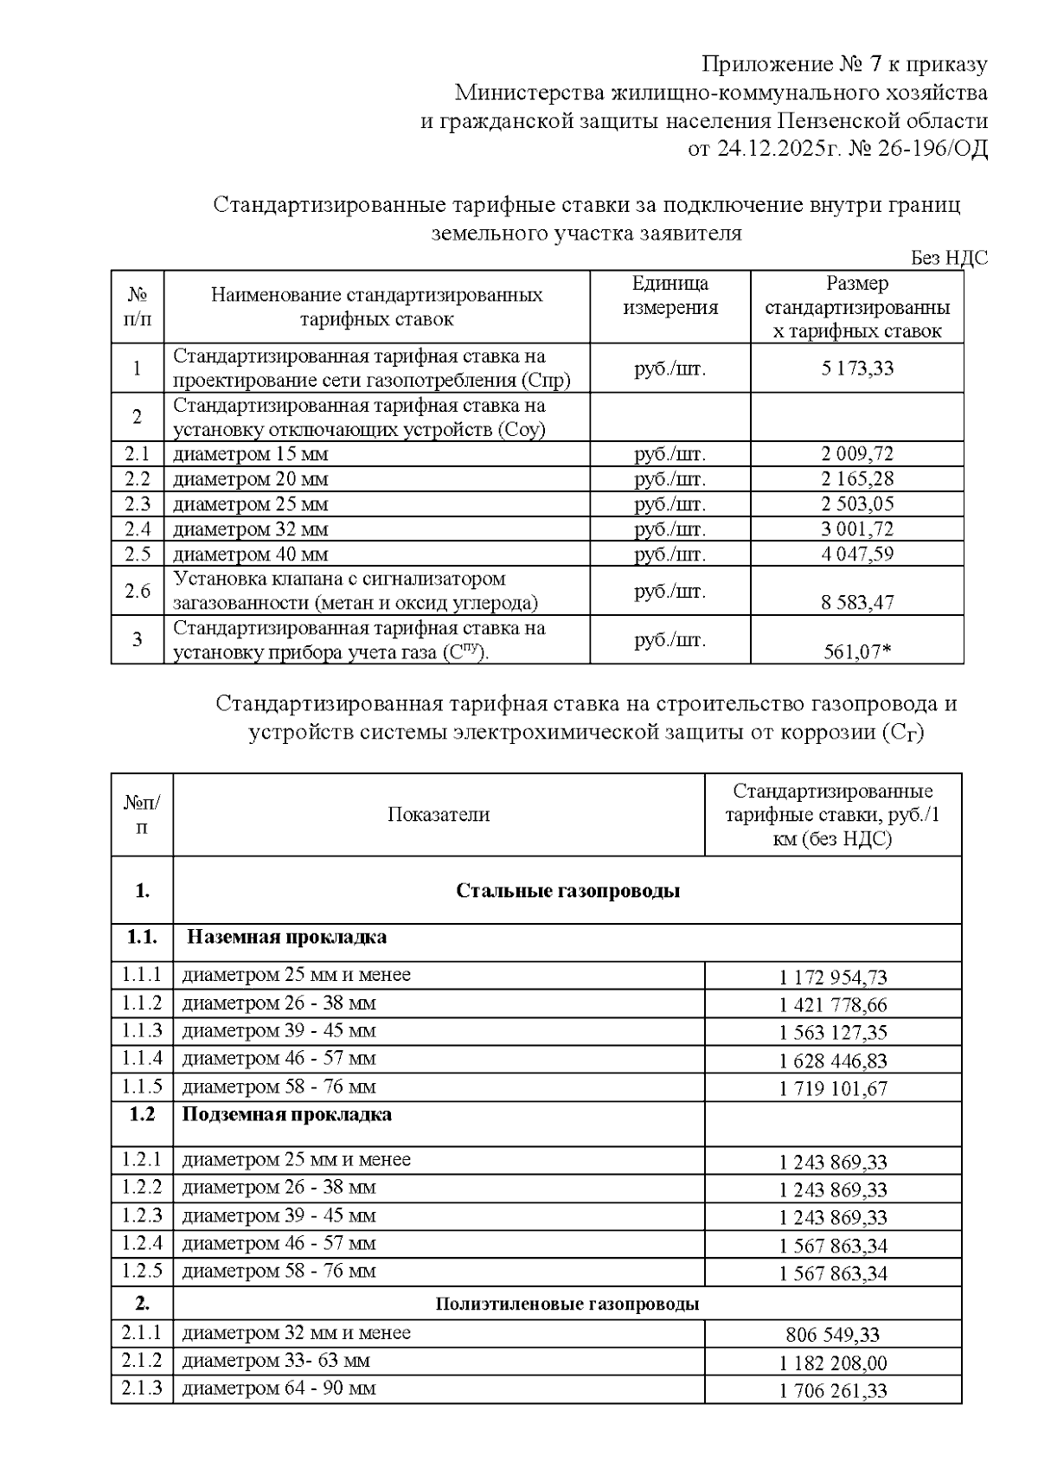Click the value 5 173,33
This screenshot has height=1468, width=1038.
coord(856,369)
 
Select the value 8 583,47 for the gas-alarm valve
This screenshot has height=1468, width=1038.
coord(856,602)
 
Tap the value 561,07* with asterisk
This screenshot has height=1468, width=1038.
coord(856,651)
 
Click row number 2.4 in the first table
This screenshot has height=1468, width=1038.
coord(137,529)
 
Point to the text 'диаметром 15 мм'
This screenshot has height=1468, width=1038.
coord(250,454)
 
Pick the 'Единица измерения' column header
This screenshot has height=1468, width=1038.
coord(670,296)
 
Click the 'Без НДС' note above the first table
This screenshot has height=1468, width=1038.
coord(948,258)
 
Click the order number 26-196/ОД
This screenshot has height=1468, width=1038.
coord(938,149)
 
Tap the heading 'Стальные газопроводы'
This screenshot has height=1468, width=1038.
coord(567,891)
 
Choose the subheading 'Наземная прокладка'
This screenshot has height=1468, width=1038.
coord(286,937)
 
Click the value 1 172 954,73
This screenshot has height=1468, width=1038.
coord(833,978)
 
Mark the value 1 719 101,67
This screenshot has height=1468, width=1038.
coord(833,1088)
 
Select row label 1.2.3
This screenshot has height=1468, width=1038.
coord(142,1215)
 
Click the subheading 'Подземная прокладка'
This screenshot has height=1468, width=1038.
coord(286,1114)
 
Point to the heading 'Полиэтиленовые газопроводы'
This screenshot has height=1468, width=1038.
coord(567,1304)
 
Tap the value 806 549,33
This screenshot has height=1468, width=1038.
coord(833,1335)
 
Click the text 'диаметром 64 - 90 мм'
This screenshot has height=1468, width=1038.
coord(279,1388)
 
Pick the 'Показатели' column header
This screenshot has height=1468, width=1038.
coord(439,815)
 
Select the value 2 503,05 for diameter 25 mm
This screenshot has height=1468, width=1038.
coord(856,504)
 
